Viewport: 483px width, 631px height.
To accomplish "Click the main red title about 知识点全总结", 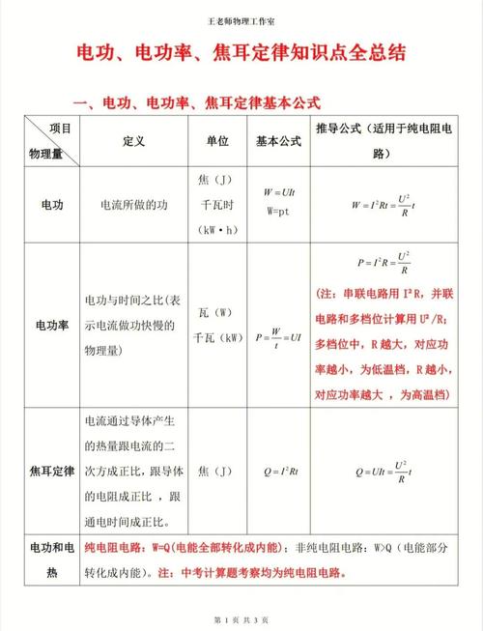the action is (241, 56).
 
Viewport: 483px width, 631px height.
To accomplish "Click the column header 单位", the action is (217, 140).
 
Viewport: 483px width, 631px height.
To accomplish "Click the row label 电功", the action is (52, 205).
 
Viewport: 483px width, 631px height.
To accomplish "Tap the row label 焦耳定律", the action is (52, 471).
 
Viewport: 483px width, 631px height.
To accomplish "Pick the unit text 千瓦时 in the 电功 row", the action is (217, 205).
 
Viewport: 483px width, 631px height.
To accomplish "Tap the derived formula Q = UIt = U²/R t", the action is (386, 471).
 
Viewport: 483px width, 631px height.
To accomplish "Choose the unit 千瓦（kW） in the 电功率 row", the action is (217, 338).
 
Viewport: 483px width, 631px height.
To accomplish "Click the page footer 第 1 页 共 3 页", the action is (241, 617).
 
